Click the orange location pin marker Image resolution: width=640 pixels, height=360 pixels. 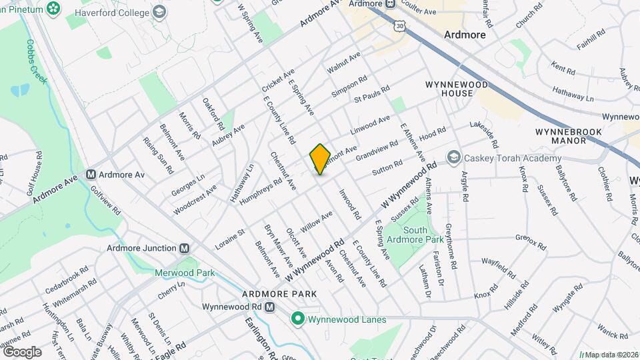320,159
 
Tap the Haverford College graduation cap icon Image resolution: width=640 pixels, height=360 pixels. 159,11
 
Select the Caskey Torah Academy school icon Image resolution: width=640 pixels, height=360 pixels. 454,157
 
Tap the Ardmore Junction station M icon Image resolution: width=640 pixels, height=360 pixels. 185,248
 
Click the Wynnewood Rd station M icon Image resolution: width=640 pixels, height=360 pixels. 269,307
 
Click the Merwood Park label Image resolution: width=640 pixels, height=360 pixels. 184,273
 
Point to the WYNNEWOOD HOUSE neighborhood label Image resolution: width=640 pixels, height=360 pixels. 457,89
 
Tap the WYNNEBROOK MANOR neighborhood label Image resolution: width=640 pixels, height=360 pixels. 569,137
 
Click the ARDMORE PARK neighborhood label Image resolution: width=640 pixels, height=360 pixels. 279,294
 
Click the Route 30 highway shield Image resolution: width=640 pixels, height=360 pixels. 399,25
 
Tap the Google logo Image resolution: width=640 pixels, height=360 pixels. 22,351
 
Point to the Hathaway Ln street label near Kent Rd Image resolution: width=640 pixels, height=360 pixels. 571,97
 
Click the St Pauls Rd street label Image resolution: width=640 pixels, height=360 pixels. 370,99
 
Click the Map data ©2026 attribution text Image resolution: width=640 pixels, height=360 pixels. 609,354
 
